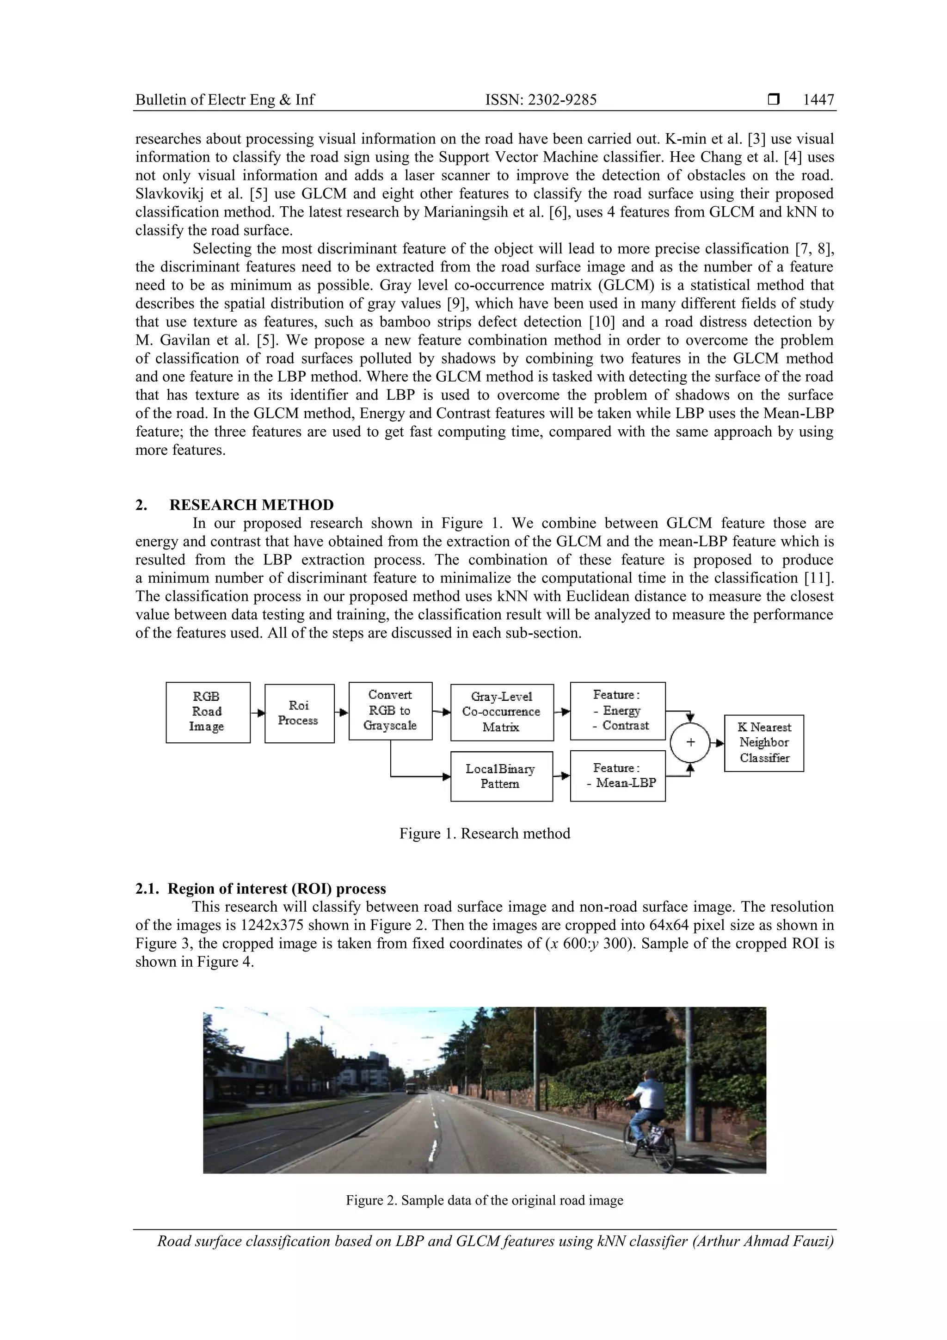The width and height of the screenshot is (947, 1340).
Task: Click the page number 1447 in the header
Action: click(818, 100)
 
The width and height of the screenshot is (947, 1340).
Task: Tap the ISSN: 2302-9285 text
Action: click(541, 100)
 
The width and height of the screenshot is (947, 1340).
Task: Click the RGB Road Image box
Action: click(208, 712)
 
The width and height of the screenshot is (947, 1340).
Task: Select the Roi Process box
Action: click(299, 713)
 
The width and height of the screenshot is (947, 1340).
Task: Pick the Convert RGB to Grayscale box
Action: click(390, 710)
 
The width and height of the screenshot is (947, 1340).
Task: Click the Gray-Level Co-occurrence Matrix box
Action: click(502, 712)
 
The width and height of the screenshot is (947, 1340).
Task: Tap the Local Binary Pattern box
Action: click(501, 776)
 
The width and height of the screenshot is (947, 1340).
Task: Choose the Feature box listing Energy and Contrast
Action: click(617, 710)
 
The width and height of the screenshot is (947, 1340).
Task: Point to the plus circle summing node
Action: click(690, 743)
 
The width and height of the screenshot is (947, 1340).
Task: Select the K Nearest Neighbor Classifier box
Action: click(764, 743)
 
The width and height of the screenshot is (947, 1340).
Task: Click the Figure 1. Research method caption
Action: click(484, 834)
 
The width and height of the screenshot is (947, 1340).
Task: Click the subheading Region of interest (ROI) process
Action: click(277, 889)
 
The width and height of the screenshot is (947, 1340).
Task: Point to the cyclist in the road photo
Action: click(646, 1109)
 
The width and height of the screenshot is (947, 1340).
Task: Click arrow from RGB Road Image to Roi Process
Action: click(257, 713)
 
